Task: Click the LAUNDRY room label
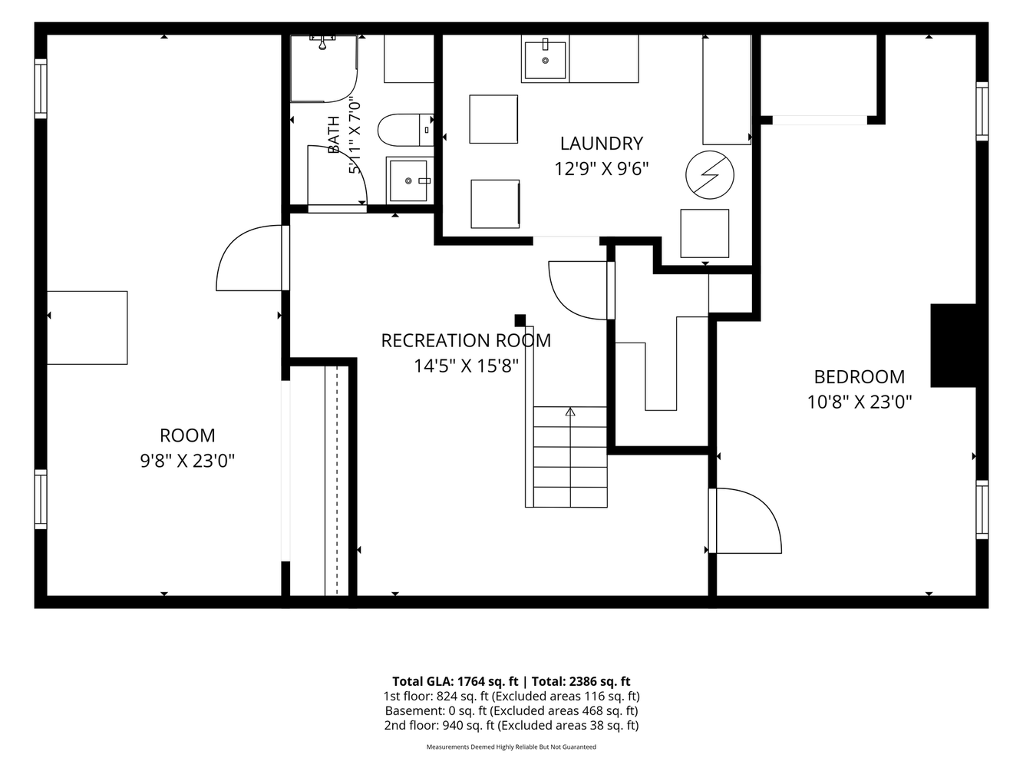coord(601,144)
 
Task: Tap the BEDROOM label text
coord(860,377)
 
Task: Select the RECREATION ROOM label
coord(466,341)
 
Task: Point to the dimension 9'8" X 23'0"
coord(187,461)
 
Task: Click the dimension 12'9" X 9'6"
coord(601,169)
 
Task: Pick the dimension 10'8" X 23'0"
coord(860,402)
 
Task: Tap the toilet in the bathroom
coord(405,130)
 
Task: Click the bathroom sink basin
coord(409,180)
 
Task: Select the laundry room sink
coord(546,59)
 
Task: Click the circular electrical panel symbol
coord(710,175)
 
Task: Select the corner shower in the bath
coord(323,68)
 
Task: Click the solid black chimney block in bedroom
coord(953,346)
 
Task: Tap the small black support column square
coord(520,320)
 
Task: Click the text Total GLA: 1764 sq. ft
coord(455,681)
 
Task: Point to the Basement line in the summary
coord(511,710)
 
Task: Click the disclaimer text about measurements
coord(511,746)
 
